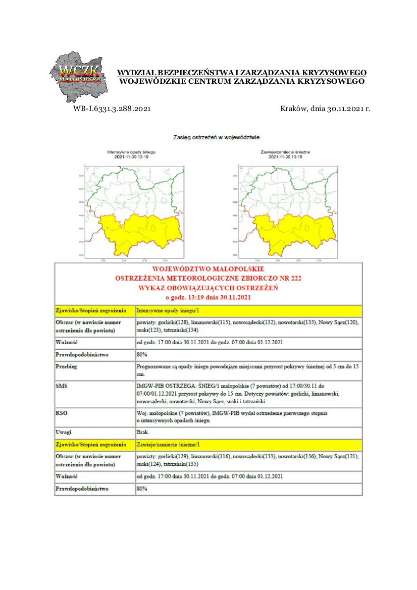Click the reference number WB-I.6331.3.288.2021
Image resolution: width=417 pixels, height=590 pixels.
(112, 109)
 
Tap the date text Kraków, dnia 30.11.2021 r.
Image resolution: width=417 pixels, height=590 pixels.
(325, 109)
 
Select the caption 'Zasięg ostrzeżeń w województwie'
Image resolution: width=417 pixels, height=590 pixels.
(217, 137)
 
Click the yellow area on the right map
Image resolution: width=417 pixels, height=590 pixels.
(293, 232)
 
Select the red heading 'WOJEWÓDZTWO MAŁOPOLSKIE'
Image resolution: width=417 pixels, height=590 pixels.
(208, 269)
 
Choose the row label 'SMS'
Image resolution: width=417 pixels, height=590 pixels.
(61, 385)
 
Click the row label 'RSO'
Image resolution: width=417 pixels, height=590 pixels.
(61, 413)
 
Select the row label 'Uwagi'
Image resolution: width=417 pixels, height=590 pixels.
(63, 433)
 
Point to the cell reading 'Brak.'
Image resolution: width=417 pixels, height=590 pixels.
(143, 433)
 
